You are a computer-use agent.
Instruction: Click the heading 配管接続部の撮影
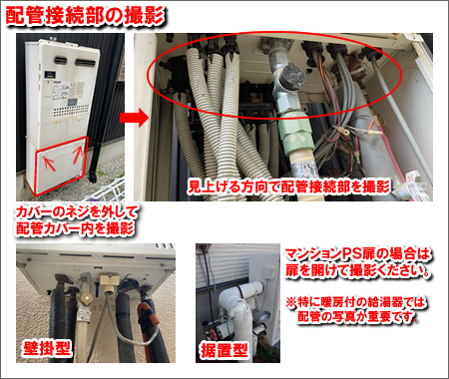pyautogui.click(x=85, y=16)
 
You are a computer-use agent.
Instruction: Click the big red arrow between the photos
pyautogui.click(x=134, y=118)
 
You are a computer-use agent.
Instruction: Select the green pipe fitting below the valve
pyautogui.click(x=296, y=135)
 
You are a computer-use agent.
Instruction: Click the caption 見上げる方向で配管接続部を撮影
pyautogui.click(x=288, y=187)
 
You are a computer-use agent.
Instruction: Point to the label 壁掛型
pyautogui.click(x=47, y=348)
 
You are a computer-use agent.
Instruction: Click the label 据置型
pyautogui.click(x=224, y=350)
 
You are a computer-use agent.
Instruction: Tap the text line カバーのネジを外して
pyautogui.click(x=76, y=212)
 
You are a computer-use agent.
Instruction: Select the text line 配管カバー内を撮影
pyautogui.click(x=75, y=228)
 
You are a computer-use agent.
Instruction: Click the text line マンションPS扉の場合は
pyautogui.click(x=358, y=254)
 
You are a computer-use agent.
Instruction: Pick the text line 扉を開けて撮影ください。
pyautogui.click(x=358, y=270)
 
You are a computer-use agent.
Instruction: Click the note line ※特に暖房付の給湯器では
pyautogui.click(x=356, y=302)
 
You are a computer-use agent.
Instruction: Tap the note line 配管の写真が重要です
pyautogui.click(x=357, y=316)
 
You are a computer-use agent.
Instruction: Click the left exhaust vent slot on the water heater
pyautogui.click(x=61, y=60)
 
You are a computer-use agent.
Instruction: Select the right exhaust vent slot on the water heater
pyautogui.click(x=82, y=62)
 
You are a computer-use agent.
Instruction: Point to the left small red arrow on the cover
pyautogui.click(x=49, y=164)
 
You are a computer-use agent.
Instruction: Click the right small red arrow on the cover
pyautogui.click(x=78, y=154)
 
